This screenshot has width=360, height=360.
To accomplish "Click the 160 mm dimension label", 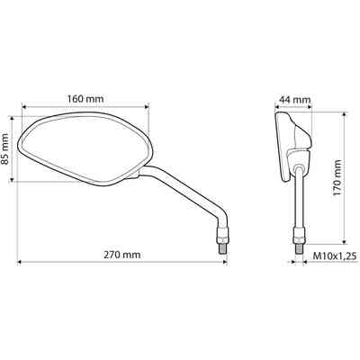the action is (85, 98).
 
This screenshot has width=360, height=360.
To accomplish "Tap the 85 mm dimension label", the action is (5, 148).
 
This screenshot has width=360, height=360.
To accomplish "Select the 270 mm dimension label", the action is (122, 255).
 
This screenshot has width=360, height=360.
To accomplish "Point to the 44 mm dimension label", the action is (294, 99).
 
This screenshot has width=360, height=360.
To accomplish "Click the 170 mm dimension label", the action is (337, 178).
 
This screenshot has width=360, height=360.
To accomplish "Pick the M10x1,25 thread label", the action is (335, 256).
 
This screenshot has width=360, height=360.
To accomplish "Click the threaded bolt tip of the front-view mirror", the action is (222, 248).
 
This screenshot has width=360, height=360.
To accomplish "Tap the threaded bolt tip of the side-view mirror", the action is (299, 248).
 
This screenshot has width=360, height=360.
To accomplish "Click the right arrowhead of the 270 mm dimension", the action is (225, 262).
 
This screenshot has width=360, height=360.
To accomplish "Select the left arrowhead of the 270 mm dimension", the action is (20, 262).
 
